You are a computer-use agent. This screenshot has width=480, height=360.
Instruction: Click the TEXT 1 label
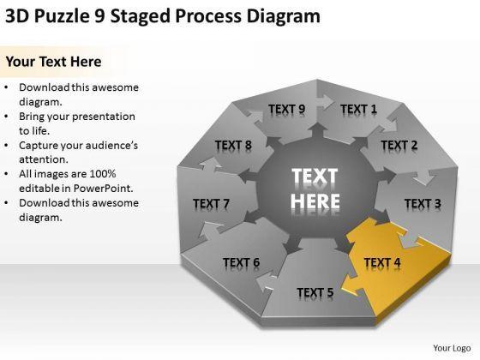tap(358, 110)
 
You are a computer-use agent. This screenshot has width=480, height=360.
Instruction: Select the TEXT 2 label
tap(399, 145)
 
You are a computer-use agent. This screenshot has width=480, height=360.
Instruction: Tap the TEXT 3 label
tap(423, 204)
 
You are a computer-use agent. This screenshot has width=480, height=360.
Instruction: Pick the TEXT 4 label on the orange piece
tap(382, 262)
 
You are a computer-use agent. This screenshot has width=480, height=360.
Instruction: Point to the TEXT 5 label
tap(315, 292)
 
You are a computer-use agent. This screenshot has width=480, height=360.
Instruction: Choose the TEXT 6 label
tap(241, 262)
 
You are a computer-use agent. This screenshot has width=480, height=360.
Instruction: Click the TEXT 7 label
tap(211, 204)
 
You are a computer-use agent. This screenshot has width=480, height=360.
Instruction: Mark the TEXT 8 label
tap(233, 145)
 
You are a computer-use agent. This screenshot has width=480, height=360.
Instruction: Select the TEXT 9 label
tap(287, 110)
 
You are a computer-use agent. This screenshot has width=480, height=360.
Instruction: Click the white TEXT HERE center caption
tap(315, 189)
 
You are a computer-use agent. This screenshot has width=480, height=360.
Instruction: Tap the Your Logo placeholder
tap(452, 348)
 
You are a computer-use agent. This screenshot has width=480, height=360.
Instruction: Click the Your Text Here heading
tap(53, 62)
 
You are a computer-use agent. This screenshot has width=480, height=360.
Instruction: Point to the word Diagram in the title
tap(284, 17)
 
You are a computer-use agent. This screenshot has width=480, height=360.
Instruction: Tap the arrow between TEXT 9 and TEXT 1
tap(325, 101)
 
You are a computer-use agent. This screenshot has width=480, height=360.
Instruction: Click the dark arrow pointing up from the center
tap(318, 130)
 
